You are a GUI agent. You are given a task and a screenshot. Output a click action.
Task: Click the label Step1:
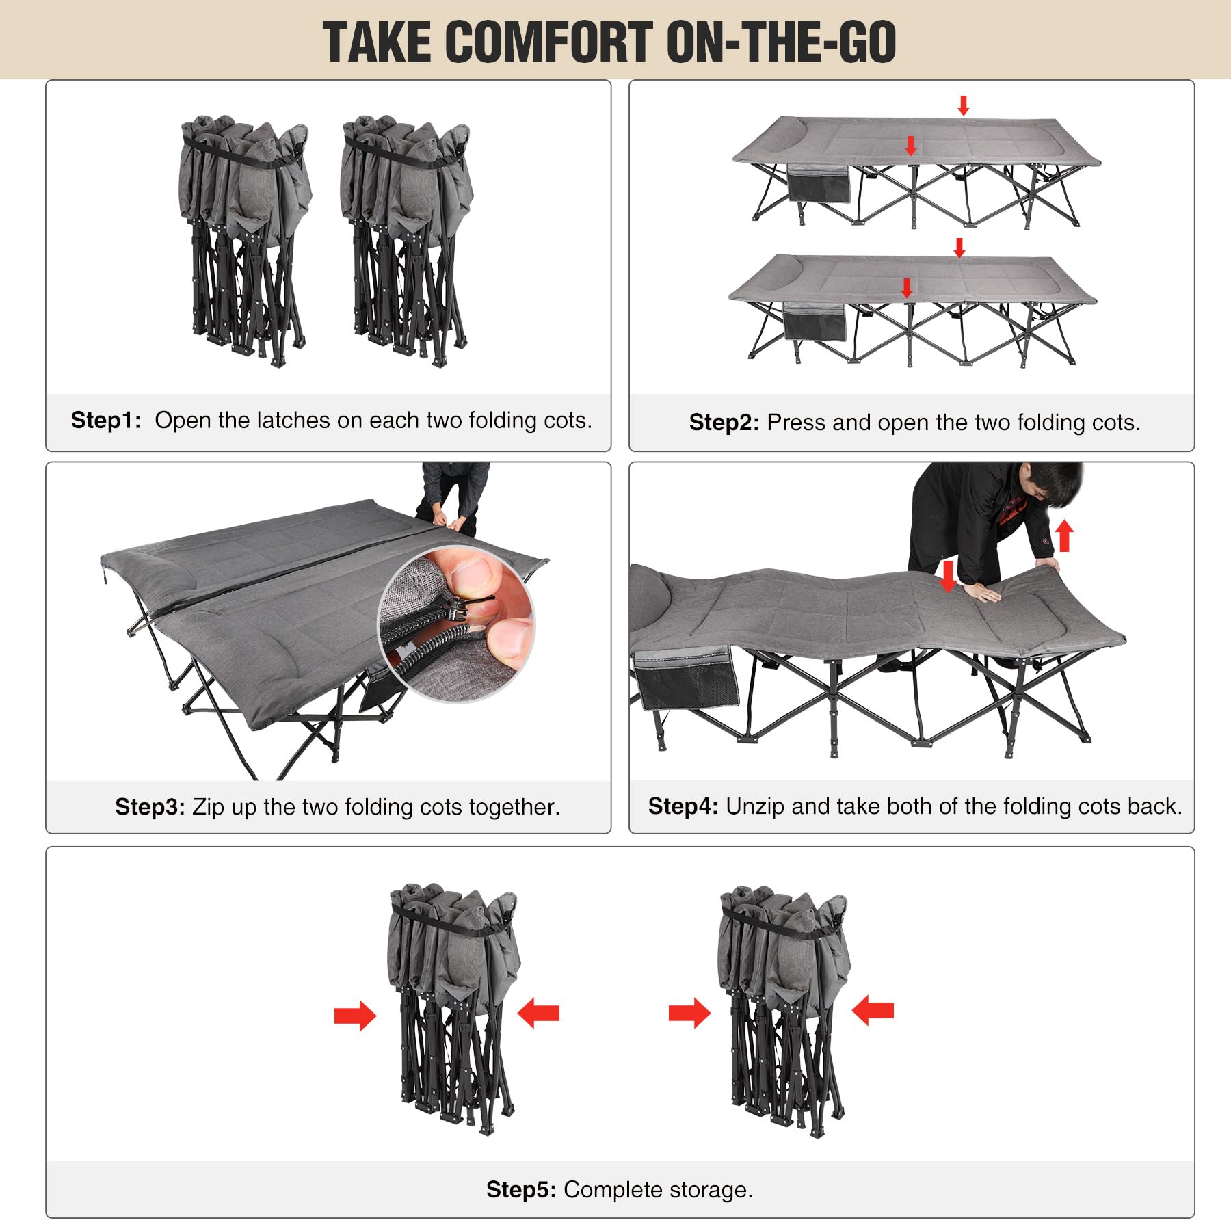point(106,420)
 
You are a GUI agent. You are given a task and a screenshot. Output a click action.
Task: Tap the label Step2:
point(724,423)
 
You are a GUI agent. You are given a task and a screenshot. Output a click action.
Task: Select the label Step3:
point(150,807)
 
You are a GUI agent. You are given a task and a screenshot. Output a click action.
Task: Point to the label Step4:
point(683,806)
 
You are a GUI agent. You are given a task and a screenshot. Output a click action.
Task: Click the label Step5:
point(521,1190)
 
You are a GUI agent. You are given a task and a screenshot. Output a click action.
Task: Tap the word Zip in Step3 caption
point(208,808)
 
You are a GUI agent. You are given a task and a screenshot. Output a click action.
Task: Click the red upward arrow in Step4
point(1064,537)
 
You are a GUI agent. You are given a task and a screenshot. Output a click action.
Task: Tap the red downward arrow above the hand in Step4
point(948,577)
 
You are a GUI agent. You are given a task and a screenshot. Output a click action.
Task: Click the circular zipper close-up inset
point(457,624)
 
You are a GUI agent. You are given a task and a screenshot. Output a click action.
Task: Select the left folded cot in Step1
point(245,241)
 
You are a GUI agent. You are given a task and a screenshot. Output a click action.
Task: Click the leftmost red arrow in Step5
point(355,1016)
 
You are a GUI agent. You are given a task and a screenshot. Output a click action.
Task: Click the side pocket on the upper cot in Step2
point(819,183)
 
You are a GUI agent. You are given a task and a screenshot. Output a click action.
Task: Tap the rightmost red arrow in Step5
point(873,1010)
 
